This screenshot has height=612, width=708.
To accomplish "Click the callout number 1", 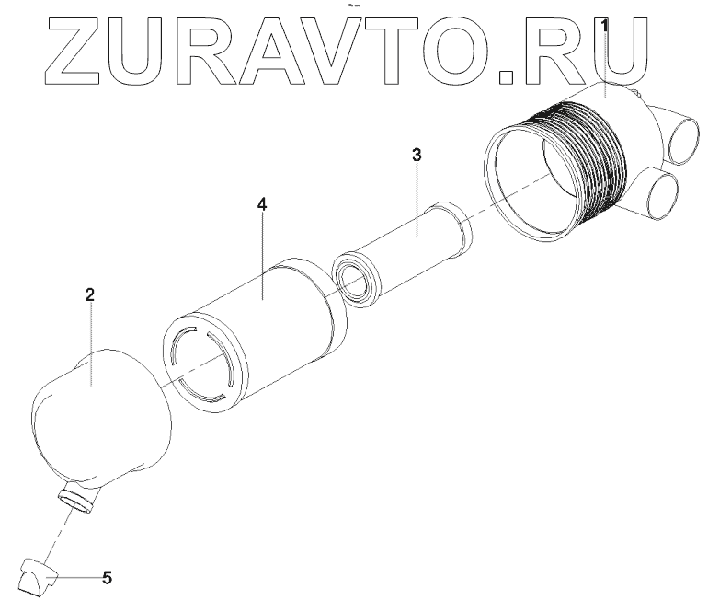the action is [604, 24].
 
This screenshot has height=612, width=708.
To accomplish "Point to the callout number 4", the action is [262, 204].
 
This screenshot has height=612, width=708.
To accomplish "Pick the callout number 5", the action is [108, 578].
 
